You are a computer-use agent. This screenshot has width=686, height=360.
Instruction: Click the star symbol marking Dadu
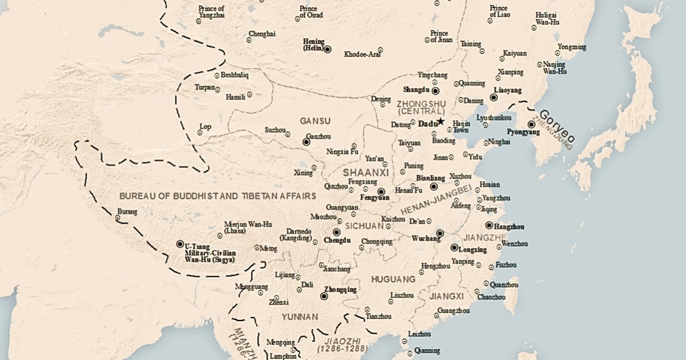pyautogui.click(x=441, y=122)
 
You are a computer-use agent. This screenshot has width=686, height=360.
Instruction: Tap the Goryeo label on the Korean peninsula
pyautogui.click(x=557, y=126)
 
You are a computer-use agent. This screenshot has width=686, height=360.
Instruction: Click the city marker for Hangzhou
pyautogui.click(x=489, y=226)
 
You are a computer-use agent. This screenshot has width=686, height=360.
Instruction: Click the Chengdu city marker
pyautogui.click(x=336, y=233)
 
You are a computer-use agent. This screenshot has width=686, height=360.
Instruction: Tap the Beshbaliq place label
pyautogui.click(x=236, y=75)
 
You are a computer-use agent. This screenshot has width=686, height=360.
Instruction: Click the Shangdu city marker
pyautogui.click(x=435, y=90)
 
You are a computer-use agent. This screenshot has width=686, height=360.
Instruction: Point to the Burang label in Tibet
pyautogui.click(x=127, y=212)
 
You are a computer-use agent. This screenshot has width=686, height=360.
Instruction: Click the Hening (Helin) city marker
pyautogui.click(x=328, y=50)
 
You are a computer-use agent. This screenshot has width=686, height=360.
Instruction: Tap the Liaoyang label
pyautogui.click(x=507, y=90)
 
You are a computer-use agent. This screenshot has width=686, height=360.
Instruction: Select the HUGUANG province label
pyautogui.click(x=393, y=279)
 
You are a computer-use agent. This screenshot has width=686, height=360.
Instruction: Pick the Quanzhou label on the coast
pyautogui.click(x=504, y=284)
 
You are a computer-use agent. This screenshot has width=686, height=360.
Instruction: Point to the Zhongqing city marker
pyautogui.click(x=324, y=296)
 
